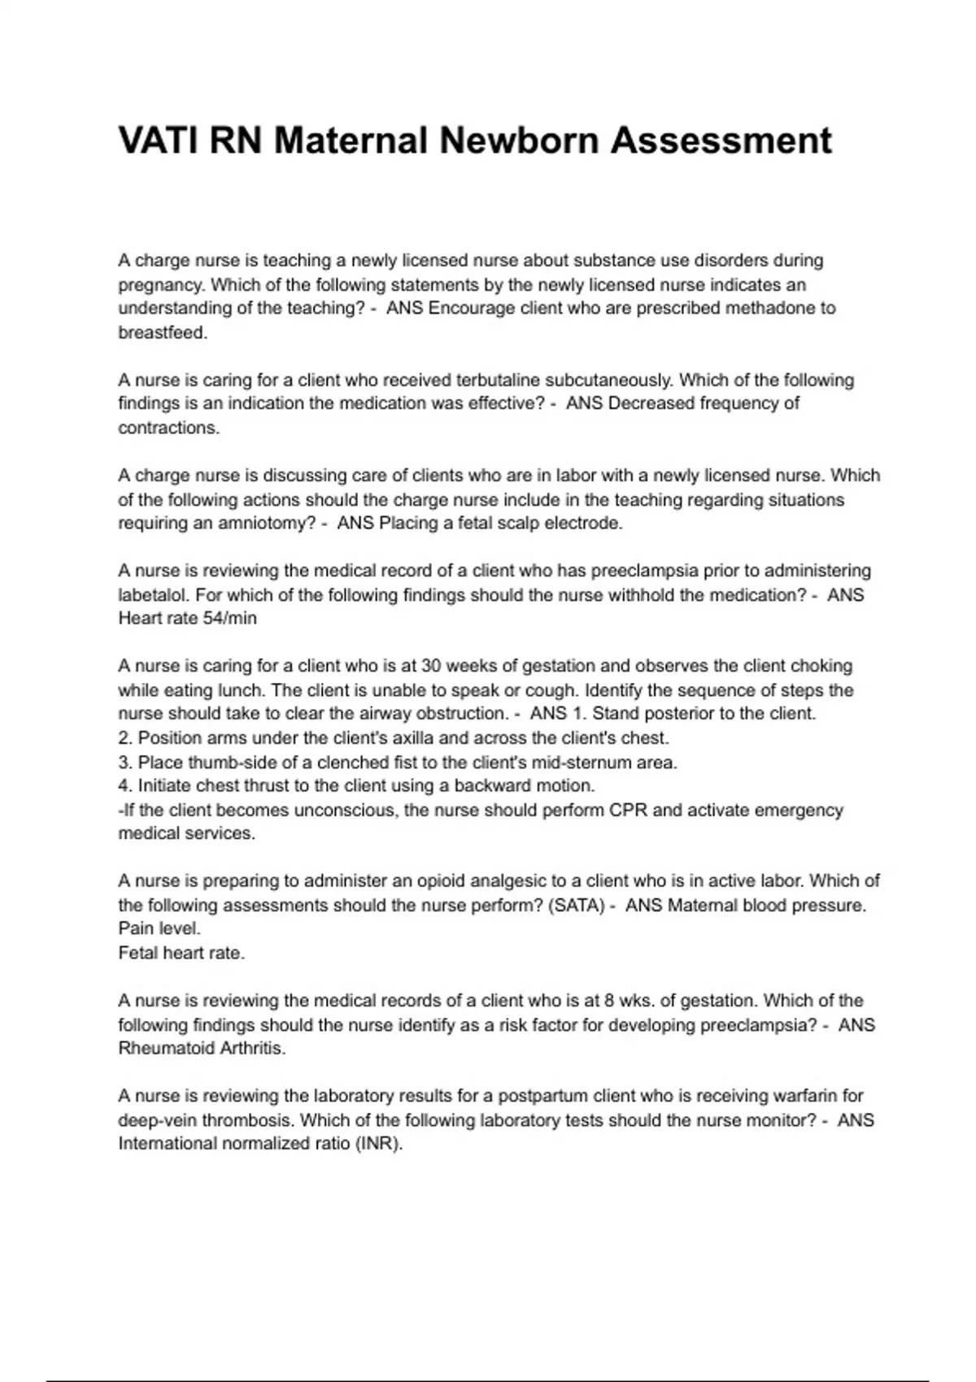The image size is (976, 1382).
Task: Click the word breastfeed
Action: pos(163,332)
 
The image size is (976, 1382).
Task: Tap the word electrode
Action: pos(583,523)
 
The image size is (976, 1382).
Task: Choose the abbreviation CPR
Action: pos(628,810)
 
